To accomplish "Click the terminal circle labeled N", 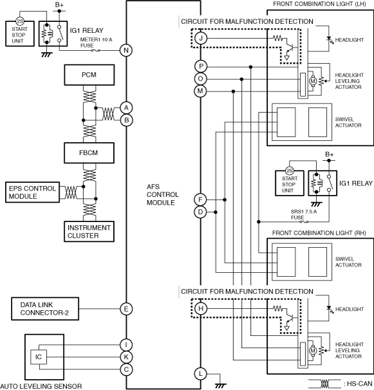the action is pos(126,50).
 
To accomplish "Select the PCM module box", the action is pos(89,75).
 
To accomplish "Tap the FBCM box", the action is pos(89,153).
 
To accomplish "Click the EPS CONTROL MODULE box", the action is pos(33,192).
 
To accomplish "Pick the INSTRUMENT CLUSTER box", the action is pos(89,232).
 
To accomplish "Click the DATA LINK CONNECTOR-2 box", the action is pos(45,309).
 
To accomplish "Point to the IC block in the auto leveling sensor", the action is pos(39,357).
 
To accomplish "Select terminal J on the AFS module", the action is pos(200,39).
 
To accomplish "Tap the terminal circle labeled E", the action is pos(126,309).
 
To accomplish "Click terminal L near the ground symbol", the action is pos(200,373).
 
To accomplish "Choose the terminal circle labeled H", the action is pos(200,309).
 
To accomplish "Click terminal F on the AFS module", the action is pos(200,200).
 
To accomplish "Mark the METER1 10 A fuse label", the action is pos(96,42).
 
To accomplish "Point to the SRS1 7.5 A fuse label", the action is pos(303,215).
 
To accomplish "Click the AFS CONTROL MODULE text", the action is pos(163,194).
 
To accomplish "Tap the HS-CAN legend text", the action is pos(359,384).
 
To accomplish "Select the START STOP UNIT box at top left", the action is pos(20,33).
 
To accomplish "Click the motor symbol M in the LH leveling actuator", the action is pos(313,81).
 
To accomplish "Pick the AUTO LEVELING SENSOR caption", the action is pos(41,386).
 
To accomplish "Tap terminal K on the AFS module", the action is pos(126,357).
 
